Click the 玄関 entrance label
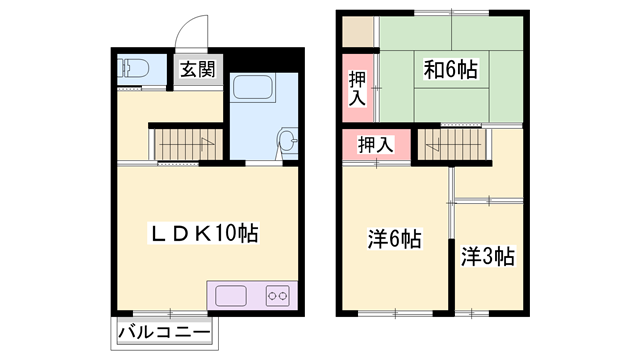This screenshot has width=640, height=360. coord(197,70)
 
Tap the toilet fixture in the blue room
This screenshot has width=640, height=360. coord(133,69)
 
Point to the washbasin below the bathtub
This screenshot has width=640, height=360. coord(286,142)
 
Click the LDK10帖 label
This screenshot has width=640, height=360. coord(205,234)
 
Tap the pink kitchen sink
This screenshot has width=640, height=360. coord(231,296)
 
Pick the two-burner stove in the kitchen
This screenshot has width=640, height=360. coord(276,296)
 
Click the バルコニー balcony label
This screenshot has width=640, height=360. coord(163,332)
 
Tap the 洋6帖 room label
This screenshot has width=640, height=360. coord(394,239)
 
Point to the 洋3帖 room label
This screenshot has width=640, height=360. coord(488,256)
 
